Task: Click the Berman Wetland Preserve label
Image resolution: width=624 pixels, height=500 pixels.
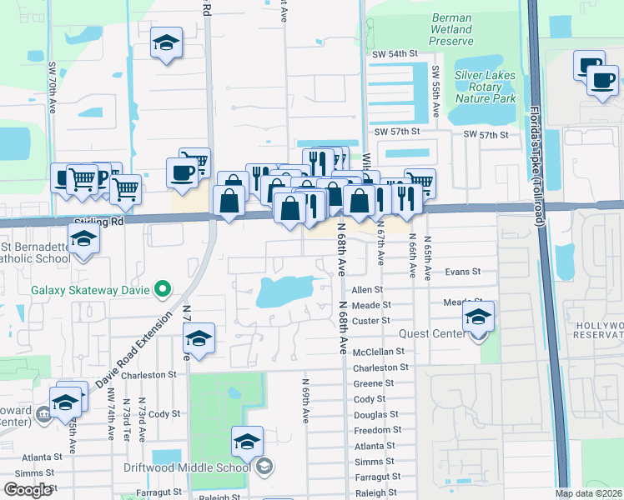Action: tap(451, 29)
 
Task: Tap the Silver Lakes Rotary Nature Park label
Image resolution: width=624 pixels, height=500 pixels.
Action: tap(485, 87)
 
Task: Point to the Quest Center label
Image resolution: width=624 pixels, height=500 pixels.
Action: tap(437, 334)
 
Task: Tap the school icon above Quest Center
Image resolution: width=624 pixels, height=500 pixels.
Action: tap(478, 317)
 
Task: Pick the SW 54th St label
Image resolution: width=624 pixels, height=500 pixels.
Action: tap(395, 53)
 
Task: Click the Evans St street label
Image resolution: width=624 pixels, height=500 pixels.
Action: tap(463, 272)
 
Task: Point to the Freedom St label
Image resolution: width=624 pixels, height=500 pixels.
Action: tap(378, 430)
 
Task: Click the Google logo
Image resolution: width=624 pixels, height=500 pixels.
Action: tap(28, 490)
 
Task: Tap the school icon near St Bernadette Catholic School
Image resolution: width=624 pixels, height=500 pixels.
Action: tap(83, 239)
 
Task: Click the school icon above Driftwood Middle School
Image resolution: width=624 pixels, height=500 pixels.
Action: tap(247, 442)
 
